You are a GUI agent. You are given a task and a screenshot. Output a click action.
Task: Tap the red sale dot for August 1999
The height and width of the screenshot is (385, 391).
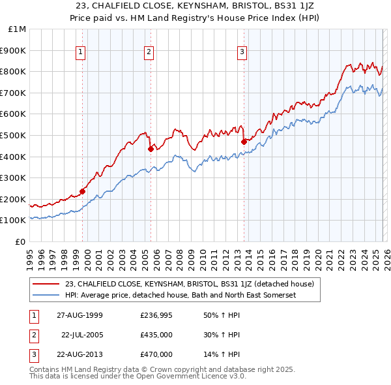83,191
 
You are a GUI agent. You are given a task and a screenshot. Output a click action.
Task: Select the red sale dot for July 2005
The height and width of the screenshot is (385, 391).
151,149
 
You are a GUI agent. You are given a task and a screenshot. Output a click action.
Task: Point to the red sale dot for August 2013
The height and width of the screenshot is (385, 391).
244,141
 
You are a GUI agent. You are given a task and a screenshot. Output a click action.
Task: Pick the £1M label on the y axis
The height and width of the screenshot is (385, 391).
18,29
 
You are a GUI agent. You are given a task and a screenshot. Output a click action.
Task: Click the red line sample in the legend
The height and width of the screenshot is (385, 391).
46,284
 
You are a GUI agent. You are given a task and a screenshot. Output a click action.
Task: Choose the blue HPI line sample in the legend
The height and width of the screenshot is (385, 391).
46,295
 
